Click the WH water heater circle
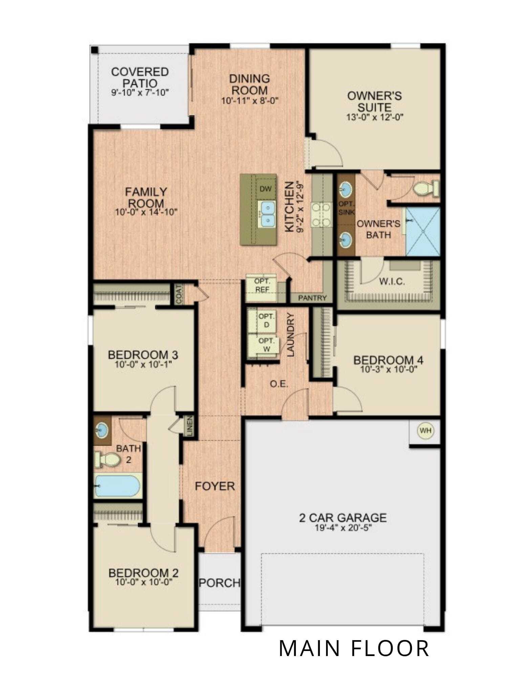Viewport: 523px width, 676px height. click(426, 430)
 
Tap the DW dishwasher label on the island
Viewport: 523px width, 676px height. click(266, 189)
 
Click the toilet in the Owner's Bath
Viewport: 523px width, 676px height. click(426, 188)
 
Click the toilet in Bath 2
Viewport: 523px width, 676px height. click(107, 459)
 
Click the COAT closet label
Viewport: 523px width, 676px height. click(179, 294)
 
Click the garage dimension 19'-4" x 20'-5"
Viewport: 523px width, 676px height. click(343, 528)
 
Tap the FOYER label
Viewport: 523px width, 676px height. click(215, 486)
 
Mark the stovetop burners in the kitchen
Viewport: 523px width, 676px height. click(321, 214)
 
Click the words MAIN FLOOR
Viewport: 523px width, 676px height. click(354, 648)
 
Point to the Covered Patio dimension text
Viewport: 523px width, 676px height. click(140, 92)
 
